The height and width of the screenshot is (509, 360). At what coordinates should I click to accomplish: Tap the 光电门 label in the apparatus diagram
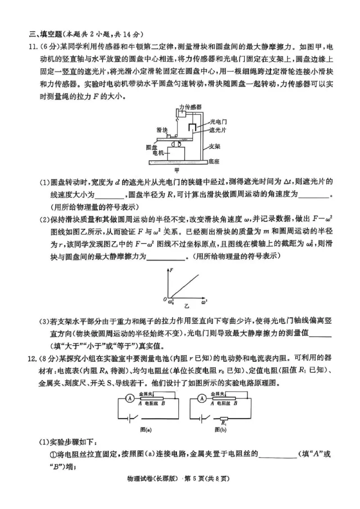pyautogui.click(x=218, y=121)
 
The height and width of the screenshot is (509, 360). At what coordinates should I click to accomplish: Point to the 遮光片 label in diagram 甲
pyautogui.click(x=218, y=129)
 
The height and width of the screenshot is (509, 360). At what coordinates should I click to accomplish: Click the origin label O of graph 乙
pyautogui.click(x=165, y=299)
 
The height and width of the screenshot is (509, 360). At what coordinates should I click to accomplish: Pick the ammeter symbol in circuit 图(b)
pyautogui.click(x=202, y=398)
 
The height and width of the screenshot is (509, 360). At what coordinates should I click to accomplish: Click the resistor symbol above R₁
pyautogui.click(x=224, y=418)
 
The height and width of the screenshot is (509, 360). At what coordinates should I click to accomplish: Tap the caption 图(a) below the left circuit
pyautogui.click(x=146, y=429)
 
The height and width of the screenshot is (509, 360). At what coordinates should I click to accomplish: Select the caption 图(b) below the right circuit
pyautogui.click(x=220, y=429)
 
